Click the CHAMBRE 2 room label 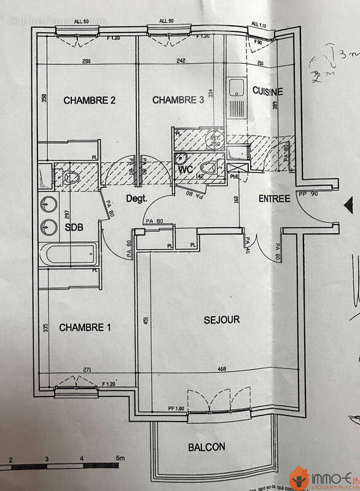(90, 101)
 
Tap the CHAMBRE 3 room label (178, 100)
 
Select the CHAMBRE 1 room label (85, 328)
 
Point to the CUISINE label (268, 91)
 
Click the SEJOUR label (221, 320)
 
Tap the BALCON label (206, 447)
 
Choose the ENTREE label (275, 199)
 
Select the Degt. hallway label (137, 198)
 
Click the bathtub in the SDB (68, 254)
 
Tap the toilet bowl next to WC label (209, 167)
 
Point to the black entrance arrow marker (348, 205)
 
